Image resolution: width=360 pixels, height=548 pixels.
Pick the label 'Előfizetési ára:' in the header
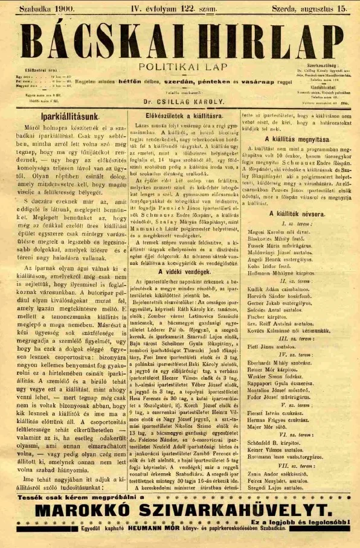40,71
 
